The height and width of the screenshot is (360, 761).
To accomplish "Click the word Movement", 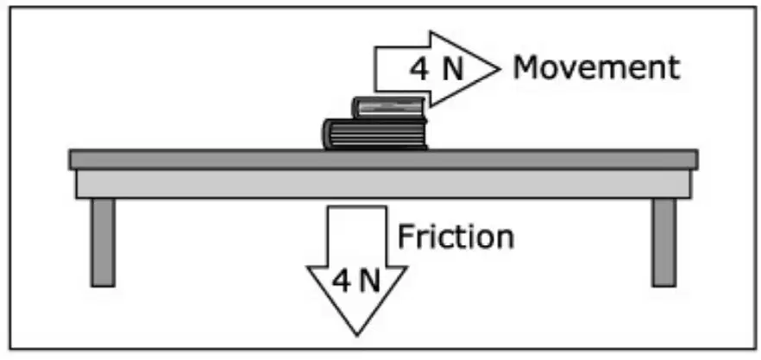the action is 596,67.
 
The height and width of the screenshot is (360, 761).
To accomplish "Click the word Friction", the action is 456,237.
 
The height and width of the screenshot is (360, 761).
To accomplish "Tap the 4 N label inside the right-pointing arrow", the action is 437,69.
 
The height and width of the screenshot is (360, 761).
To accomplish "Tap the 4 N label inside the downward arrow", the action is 356,281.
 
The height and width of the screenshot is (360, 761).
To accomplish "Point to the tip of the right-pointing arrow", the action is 500,69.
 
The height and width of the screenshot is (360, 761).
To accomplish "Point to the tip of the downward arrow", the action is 356,335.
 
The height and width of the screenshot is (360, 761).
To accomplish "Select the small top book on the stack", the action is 389,107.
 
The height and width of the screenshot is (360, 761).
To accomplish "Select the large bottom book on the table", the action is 375,134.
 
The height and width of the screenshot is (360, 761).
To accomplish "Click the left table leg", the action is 103,243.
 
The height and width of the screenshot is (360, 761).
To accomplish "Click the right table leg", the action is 664,243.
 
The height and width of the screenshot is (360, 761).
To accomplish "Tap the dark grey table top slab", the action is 383,160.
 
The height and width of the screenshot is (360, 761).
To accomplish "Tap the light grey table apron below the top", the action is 383,184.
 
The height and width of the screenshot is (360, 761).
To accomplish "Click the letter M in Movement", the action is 525,68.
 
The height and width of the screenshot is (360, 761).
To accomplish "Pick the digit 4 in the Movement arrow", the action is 420,69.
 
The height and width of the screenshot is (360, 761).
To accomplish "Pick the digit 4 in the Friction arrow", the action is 341,281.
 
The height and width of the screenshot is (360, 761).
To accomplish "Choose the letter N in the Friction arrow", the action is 370,281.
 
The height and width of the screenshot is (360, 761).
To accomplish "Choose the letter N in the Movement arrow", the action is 453,69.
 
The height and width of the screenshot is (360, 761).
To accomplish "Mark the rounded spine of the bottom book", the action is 328,134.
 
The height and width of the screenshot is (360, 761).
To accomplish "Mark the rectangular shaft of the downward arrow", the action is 356,236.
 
